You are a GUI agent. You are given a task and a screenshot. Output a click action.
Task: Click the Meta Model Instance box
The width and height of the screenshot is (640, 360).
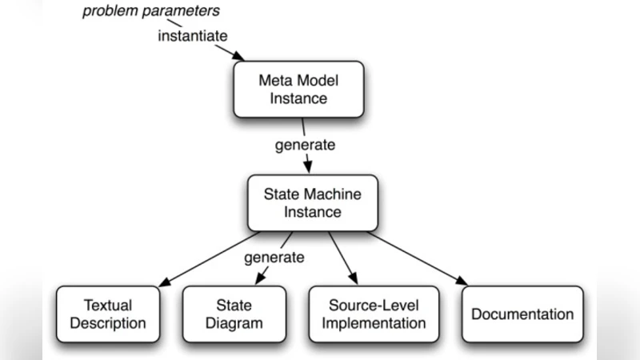pyautogui.click(x=298, y=89)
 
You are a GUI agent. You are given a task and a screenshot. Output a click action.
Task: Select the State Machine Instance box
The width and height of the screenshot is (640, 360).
pyautogui.click(x=312, y=202)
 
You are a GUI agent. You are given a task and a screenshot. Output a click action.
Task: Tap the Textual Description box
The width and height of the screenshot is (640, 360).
pyautogui.click(x=108, y=314)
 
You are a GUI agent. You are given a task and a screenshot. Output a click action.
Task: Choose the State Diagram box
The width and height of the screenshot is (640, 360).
pyautogui.click(x=234, y=314)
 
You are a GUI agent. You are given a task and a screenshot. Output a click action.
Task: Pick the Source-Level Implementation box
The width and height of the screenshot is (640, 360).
pyautogui.click(x=374, y=314)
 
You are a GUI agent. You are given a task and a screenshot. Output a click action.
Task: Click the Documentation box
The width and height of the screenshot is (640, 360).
pyautogui.click(x=522, y=314)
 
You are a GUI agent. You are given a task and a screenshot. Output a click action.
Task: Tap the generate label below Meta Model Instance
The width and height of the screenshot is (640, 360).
pyautogui.click(x=305, y=145)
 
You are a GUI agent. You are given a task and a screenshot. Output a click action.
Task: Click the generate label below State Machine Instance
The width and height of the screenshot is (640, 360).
pyautogui.click(x=274, y=257)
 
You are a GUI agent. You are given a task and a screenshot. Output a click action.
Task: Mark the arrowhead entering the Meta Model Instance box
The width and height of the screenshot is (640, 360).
pyautogui.click(x=237, y=57)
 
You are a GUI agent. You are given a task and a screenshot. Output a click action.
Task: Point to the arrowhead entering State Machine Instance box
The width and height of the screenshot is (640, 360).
pyautogui.click(x=306, y=169)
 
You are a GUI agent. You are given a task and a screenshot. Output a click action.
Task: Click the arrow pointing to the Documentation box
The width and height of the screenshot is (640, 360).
pyautogui.click(x=416, y=258)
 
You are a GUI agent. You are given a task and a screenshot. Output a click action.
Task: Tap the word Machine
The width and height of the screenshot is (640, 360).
pyautogui.click(x=332, y=194)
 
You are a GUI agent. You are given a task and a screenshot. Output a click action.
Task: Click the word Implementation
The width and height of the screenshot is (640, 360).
pyautogui.click(x=374, y=323)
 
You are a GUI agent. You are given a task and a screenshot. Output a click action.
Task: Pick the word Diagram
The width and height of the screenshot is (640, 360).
pyautogui.click(x=234, y=323)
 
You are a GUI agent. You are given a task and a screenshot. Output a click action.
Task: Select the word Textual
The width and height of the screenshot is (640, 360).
pyautogui.click(x=108, y=305)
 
